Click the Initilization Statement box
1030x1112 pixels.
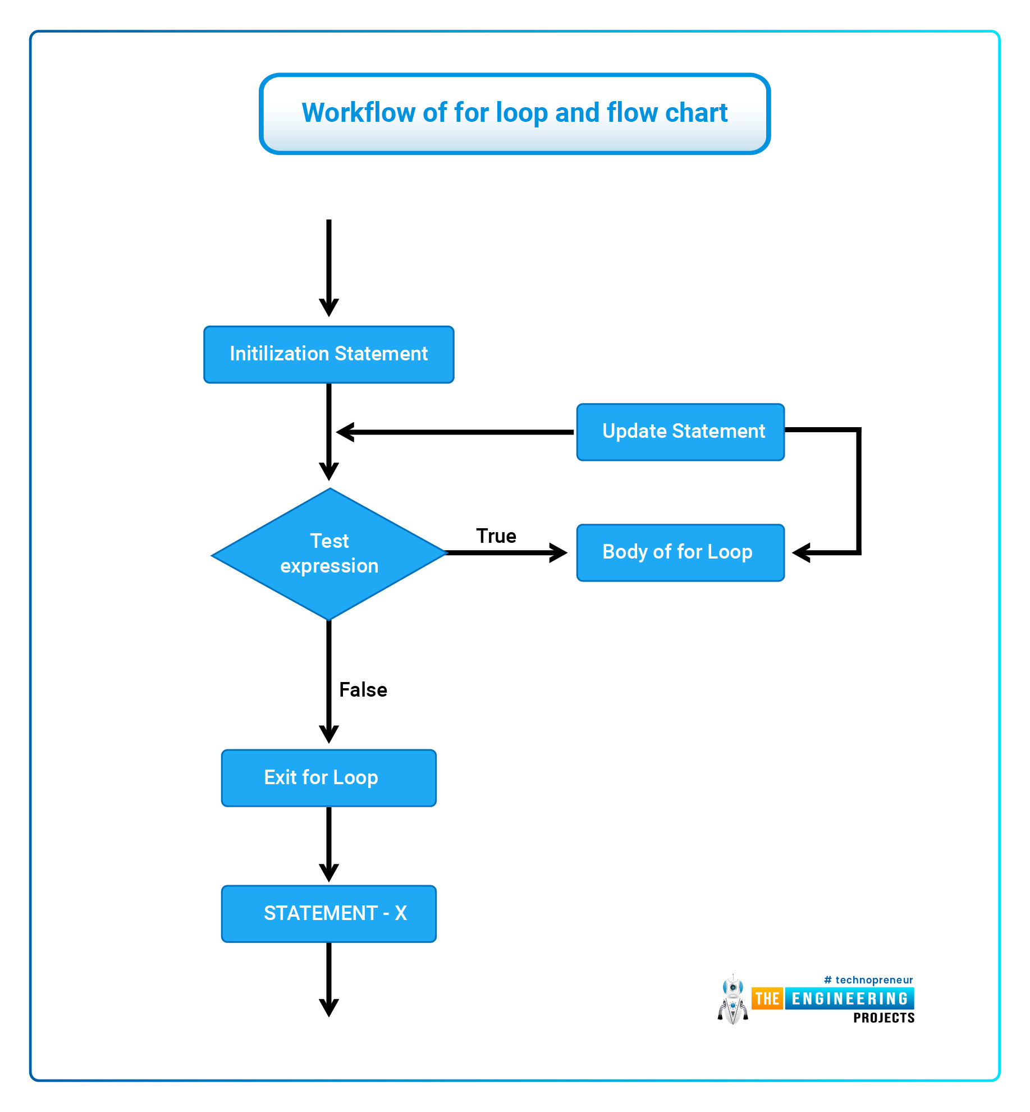click(328, 354)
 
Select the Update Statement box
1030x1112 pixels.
click(680, 432)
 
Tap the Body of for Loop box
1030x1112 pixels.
click(680, 552)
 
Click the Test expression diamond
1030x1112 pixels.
click(329, 554)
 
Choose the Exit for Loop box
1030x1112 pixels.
click(328, 778)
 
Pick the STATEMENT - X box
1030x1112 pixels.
click(328, 914)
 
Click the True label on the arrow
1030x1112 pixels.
click(496, 536)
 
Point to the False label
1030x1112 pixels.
click(363, 689)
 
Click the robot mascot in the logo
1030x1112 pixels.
click(733, 999)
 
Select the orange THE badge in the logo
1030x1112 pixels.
click(767, 999)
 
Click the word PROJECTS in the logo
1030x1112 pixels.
click(884, 1018)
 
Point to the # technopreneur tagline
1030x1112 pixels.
click(868, 980)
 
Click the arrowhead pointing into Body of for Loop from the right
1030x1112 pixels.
click(801, 552)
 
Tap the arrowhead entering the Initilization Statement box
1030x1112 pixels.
click(329, 308)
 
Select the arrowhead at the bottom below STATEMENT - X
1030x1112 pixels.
click(329, 1008)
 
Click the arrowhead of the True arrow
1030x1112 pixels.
click(558, 552)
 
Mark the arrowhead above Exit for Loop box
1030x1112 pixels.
click(329, 734)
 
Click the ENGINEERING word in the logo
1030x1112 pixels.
click(850, 999)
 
